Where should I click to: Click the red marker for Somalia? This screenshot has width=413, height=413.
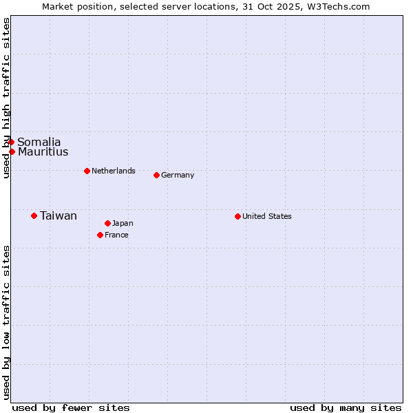click(11, 142)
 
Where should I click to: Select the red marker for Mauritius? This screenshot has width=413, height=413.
click(12, 151)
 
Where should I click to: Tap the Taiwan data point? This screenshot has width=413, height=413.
click(34, 215)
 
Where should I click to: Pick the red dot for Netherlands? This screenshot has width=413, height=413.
click(87, 171)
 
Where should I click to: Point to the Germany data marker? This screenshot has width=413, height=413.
click(156, 175)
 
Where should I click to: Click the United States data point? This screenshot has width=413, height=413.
click(237, 216)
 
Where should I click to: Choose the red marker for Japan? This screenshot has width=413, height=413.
click(107, 223)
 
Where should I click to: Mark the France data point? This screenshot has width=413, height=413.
click(100, 235)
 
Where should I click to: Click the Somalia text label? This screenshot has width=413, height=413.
click(39, 142)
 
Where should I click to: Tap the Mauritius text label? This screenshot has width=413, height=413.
click(43, 152)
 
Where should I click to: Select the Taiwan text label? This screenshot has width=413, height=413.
click(59, 216)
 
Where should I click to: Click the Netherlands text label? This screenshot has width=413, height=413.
click(114, 171)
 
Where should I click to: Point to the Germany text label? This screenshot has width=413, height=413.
click(178, 175)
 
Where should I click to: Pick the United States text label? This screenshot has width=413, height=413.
click(267, 216)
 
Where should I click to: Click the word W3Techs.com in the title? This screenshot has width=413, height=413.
click(338, 7)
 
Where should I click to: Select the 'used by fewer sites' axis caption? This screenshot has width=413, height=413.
click(71, 407)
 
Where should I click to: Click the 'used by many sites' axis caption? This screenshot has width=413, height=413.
click(346, 407)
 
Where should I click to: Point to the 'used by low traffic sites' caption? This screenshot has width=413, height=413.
click(6, 321)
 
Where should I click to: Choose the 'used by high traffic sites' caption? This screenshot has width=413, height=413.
click(6, 98)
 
